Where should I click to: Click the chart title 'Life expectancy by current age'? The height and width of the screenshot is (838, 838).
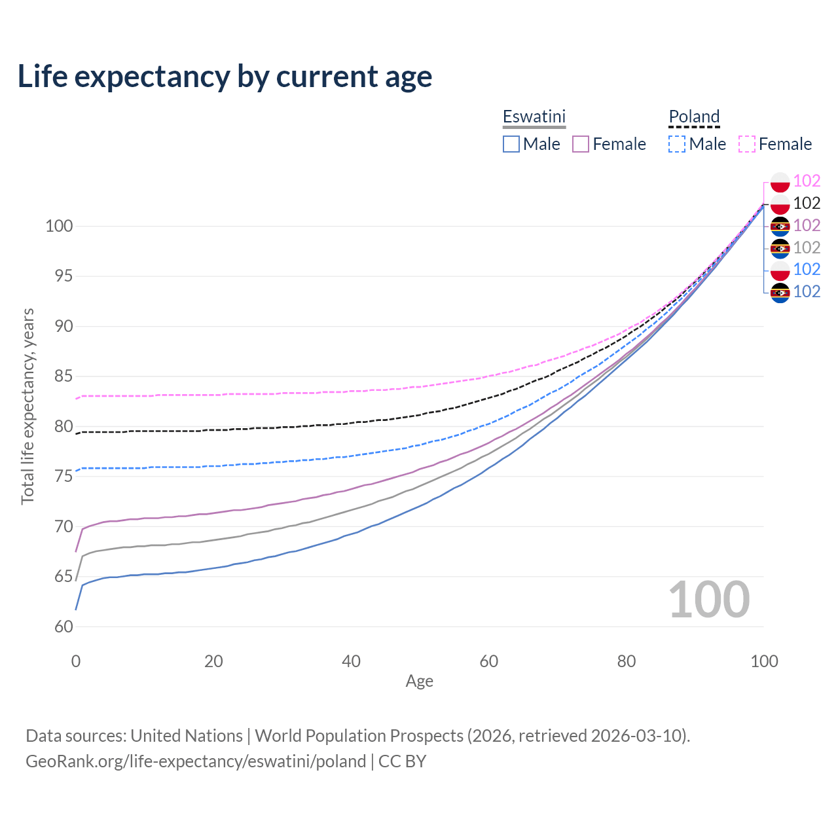[x=225, y=77]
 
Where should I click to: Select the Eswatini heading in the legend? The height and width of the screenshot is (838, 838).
[x=534, y=117]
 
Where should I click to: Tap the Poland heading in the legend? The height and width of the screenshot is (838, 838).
[x=694, y=117]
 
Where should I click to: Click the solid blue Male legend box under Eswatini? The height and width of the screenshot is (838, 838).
[x=511, y=144]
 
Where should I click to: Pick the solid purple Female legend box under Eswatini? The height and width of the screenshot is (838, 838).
[x=581, y=144]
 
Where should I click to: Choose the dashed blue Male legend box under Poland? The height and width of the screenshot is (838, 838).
[x=677, y=144]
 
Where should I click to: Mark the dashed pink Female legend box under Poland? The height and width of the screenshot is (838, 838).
[x=747, y=144]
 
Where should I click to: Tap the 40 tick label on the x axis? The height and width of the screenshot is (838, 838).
[x=351, y=661]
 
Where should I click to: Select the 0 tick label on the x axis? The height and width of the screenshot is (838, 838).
[x=76, y=661]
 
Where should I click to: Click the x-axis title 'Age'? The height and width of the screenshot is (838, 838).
[x=419, y=682]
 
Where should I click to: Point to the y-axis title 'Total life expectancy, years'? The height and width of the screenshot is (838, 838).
[x=27, y=406]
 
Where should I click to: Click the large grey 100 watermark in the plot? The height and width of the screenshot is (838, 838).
[x=709, y=600]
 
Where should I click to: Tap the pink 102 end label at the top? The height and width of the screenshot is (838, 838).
[x=807, y=181]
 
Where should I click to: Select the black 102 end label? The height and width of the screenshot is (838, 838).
[x=807, y=203]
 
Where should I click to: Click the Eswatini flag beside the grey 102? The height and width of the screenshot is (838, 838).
[x=780, y=248]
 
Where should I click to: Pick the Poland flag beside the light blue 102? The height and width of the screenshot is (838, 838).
[x=780, y=270]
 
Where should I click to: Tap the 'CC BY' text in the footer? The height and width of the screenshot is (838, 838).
[x=403, y=761]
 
